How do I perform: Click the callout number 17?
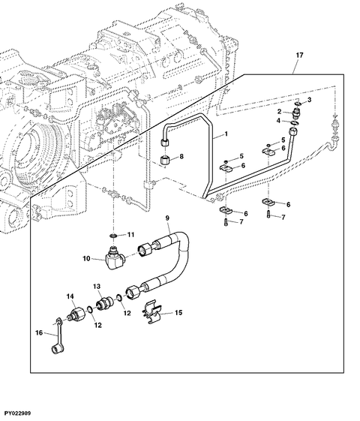[299, 55]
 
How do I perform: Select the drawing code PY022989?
[17, 413]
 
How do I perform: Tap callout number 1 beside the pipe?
[226, 134]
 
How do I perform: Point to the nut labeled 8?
[164, 160]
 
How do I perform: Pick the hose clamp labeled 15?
[151, 311]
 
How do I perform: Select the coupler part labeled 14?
[76, 314]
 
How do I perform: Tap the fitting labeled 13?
[105, 304]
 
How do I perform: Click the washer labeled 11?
[114, 236]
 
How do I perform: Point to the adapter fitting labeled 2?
[297, 113]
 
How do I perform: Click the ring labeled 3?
[298, 104]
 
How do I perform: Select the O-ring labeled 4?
[295, 123]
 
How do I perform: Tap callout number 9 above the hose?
[167, 218]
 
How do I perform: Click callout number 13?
[97, 286]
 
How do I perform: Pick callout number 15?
[178, 312]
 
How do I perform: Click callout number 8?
[181, 156]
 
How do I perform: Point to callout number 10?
[86, 259]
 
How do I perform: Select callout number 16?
[39, 332]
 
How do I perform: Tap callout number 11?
[130, 235]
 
